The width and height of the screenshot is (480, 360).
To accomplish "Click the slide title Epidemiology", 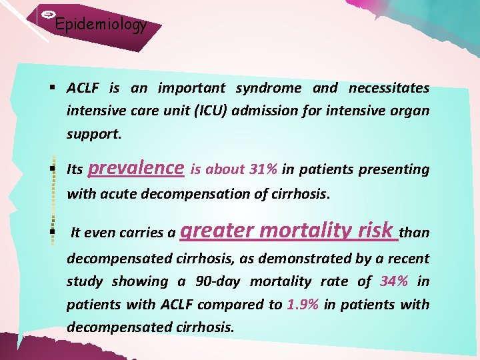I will pos(101,25).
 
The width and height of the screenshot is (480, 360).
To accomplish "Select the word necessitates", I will pos(389,88).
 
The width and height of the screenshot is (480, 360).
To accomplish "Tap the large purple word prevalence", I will pos(136,167).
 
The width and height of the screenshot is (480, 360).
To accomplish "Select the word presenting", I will pos(394,169).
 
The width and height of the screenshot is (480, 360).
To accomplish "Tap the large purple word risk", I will pos(375,231).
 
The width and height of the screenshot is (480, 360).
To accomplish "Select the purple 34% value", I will pos(393,281).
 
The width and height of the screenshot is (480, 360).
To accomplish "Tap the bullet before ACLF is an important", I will pos(51,88).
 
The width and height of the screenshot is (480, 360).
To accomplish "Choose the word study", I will pos(85,281).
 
